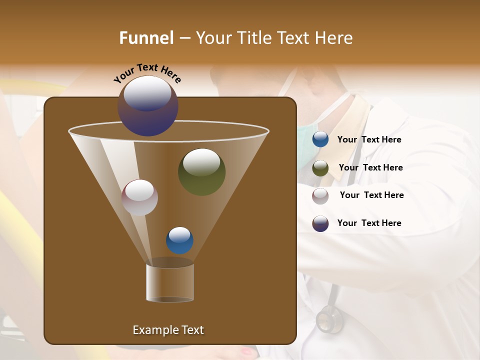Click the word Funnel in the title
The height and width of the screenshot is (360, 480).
tap(146, 38)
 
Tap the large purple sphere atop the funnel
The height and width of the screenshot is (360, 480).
tap(148, 106)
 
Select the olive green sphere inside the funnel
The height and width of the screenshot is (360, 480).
tap(201, 171)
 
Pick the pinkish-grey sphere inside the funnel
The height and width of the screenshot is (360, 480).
tap(139, 197)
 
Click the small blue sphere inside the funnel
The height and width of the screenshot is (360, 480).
tap(179, 240)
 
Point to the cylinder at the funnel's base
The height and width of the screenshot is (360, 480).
tap(170, 283)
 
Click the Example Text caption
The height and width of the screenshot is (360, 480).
tap(168, 330)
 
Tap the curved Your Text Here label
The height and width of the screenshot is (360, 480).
tap(147, 73)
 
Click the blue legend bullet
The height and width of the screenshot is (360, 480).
tap(320, 139)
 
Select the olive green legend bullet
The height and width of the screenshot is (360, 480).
tap(320, 168)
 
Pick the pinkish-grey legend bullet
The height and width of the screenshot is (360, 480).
tap(320, 195)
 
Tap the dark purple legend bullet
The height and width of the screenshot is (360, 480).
tap(320, 223)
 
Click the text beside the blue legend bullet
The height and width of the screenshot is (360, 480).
tap(369, 140)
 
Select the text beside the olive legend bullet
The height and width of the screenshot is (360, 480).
tap(370, 168)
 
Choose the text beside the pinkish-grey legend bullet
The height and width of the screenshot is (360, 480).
tap(371, 195)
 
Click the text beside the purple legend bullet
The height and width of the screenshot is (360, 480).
tap(369, 223)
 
